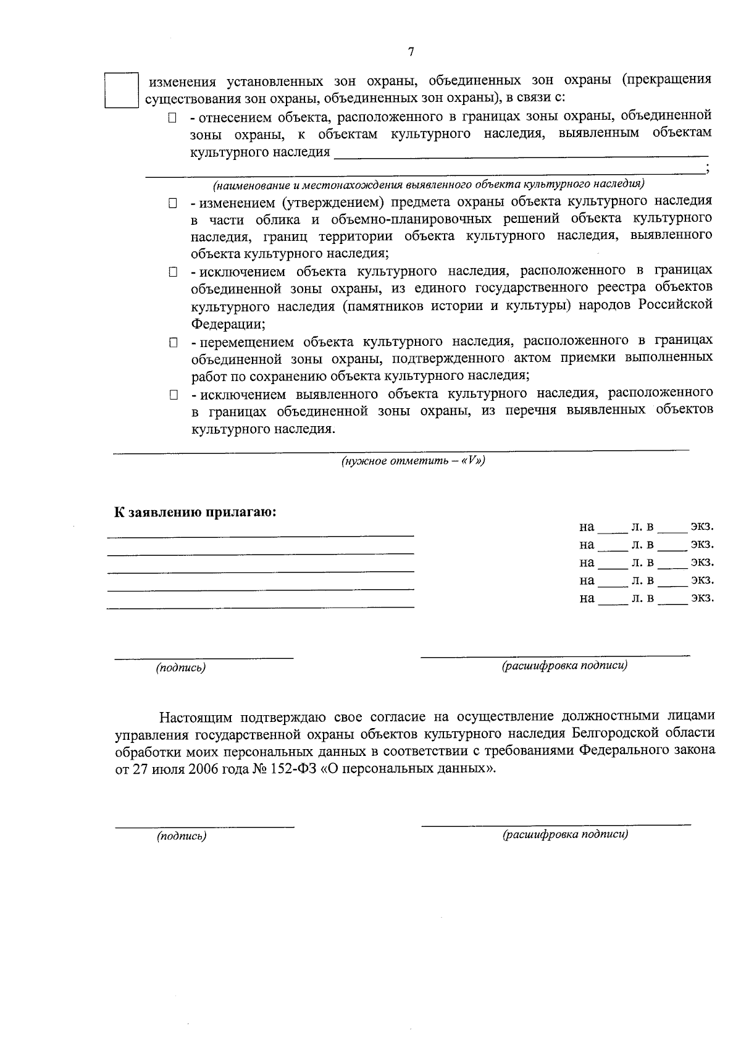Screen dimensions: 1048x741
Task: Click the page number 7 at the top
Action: (411, 52)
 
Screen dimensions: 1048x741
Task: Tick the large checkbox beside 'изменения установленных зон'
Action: (121, 91)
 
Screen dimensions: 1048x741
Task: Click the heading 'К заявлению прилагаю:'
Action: (195, 512)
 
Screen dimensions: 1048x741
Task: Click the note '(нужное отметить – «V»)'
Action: (412, 461)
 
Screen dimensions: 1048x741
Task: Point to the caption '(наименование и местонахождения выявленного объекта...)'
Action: (429, 184)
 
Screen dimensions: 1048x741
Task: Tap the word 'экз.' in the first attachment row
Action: (702, 527)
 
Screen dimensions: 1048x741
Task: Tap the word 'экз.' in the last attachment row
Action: (702, 598)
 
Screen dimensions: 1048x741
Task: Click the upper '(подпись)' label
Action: (181, 668)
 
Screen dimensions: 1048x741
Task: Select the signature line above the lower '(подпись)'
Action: (204, 826)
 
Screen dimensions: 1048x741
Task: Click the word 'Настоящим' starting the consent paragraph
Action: (196, 717)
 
